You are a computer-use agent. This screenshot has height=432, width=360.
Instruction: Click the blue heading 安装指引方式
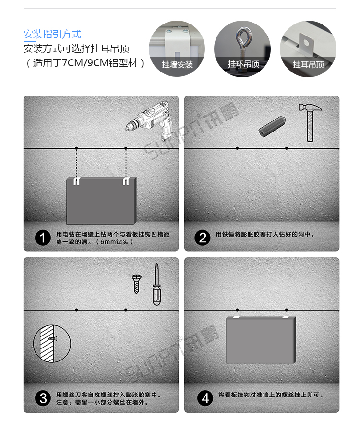[x=52, y=34]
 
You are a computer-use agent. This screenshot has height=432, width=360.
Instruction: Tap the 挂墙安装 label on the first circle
[x=177, y=64]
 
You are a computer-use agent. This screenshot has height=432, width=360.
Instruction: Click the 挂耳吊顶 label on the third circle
[x=308, y=64]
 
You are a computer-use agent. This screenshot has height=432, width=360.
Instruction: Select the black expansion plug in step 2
[x=272, y=126]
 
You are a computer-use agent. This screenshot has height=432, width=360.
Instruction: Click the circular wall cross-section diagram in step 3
[x=52, y=343]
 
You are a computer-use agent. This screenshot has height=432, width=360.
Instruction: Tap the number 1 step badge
[x=43, y=238]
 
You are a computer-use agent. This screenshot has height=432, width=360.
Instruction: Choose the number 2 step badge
[x=203, y=238]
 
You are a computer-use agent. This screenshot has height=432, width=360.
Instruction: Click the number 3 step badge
[x=43, y=398]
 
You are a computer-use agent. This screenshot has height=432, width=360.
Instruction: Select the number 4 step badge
[x=205, y=398]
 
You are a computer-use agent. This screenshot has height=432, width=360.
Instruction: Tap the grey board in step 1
[x=101, y=201]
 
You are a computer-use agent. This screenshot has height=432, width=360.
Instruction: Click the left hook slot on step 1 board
[x=77, y=181]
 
